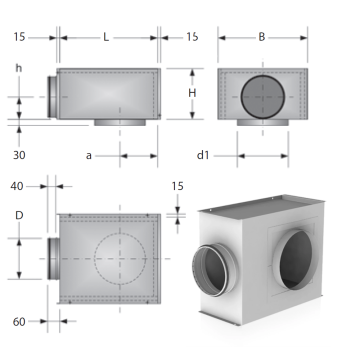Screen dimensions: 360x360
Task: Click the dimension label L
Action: pyautogui.click(x=106, y=37)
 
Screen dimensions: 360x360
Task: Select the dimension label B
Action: pyautogui.click(x=262, y=37)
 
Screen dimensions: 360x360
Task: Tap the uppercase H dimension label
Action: pyautogui.click(x=192, y=93)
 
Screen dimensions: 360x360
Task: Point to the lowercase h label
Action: pyautogui.click(x=19, y=68)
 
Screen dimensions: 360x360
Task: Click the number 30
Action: pyautogui.click(x=19, y=155)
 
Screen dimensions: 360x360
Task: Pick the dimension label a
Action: pyautogui.click(x=89, y=156)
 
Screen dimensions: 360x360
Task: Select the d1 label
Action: pyautogui.click(x=203, y=155)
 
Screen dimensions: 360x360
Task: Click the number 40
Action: pyautogui.click(x=17, y=186)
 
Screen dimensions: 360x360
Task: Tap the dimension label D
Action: pyautogui.click(x=19, y=215)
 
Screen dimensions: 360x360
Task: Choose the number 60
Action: pyautogui.click(x=19, y=322)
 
